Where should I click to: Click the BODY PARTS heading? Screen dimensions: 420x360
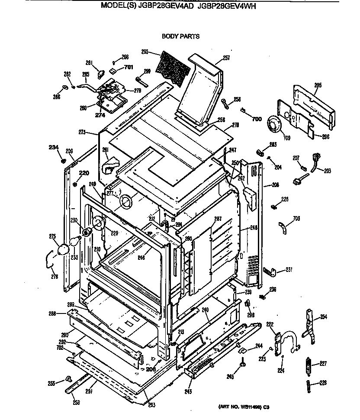180,36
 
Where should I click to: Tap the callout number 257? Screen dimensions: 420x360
226,58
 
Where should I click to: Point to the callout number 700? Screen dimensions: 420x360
257,119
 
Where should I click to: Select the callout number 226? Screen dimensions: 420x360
323,382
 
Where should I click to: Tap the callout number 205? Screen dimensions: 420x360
318,85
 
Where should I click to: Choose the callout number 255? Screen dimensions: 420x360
51,383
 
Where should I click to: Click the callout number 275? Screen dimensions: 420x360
52,236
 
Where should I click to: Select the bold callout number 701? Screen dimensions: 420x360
129,67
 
